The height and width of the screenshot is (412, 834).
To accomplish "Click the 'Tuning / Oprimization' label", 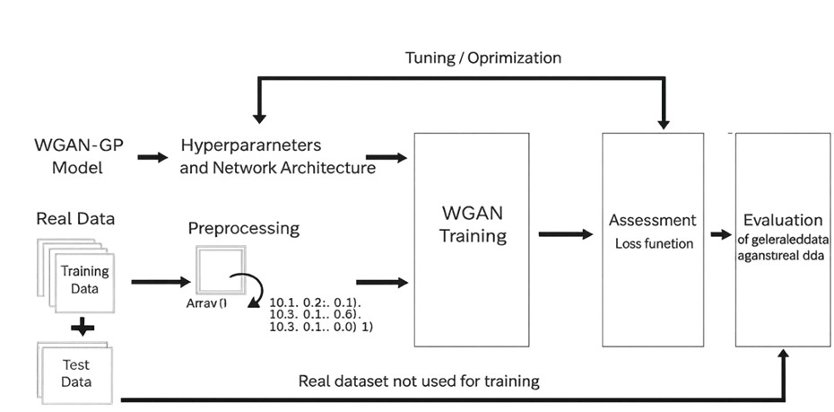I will click(483, 57).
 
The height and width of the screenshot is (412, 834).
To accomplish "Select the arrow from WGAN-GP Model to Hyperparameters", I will click(152, 157).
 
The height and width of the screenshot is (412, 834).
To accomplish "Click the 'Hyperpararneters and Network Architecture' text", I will click(277, 156).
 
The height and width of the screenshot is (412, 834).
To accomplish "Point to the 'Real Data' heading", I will click(75, 218).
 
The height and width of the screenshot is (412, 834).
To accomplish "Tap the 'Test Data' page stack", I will click(75, 373).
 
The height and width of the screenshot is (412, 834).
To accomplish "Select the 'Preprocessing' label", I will click(243, 228).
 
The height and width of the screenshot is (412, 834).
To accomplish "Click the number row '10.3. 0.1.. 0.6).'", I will click(314, 316).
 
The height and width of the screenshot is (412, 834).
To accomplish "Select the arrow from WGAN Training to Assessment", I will click(565, 234).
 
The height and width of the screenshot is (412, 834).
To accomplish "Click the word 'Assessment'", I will click(652, 220).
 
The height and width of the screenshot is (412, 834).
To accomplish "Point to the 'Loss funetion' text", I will click(654, 243).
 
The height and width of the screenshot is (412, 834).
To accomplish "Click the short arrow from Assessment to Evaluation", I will click(721, 235).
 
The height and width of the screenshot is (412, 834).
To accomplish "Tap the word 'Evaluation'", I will click(783, 220).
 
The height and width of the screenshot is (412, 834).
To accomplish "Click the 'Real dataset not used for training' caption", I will click(419, 381).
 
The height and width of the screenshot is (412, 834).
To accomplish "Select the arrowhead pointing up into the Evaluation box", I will click(783, 355).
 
